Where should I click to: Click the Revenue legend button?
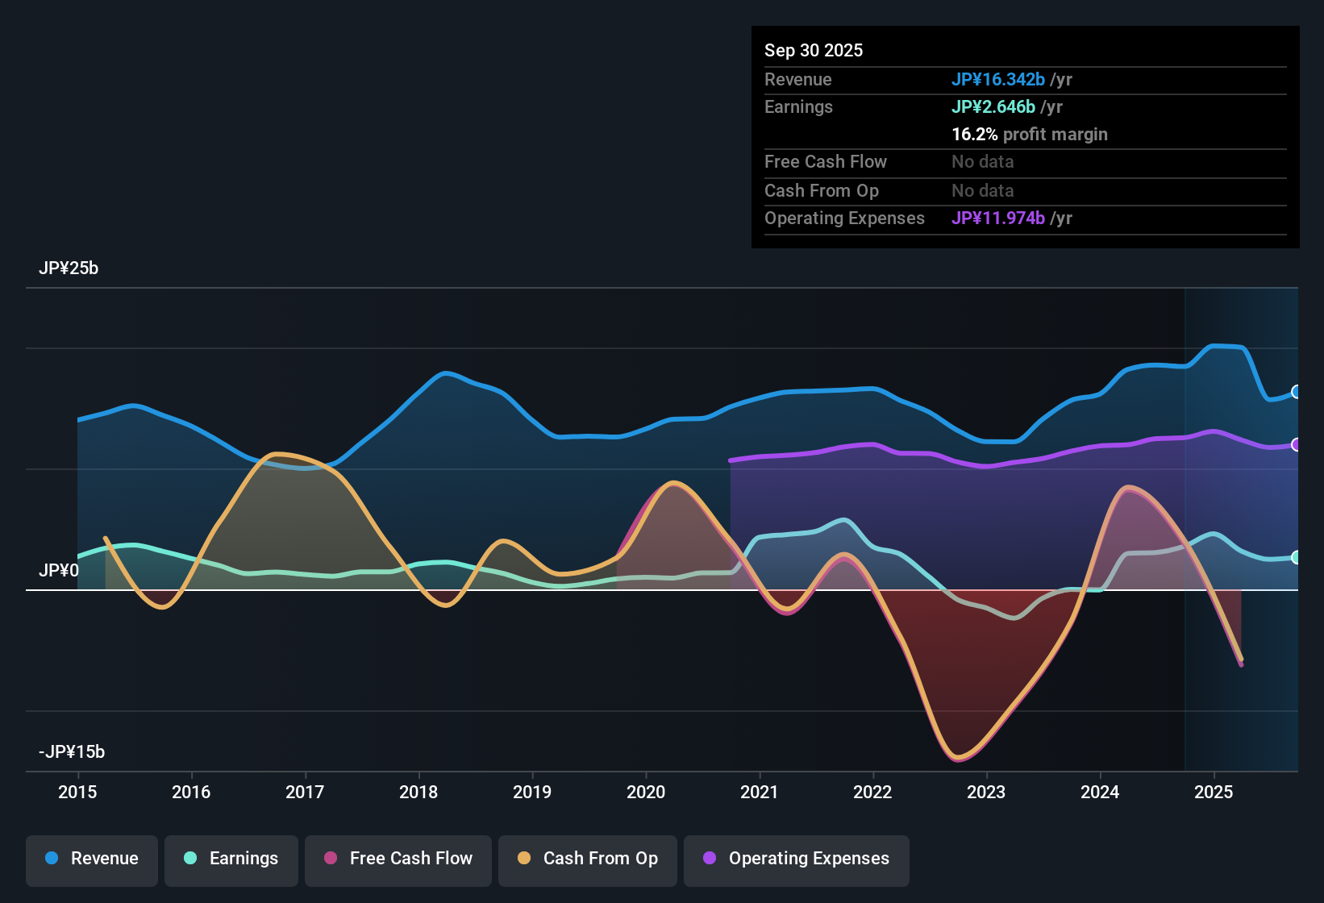[92, 859]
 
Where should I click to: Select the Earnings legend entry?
[231, 859]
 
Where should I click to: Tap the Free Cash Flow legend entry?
[398, 859]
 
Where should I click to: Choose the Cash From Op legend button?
[588, 859]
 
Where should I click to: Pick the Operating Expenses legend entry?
[797, 859]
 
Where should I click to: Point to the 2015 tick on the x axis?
[77, 792]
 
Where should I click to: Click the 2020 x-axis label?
[646, 792]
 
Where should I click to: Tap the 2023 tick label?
[986, 792]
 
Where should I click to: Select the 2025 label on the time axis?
[1214, 792]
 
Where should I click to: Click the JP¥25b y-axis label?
[69, 268]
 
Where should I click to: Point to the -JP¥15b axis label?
[72, 752]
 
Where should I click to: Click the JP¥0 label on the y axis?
[59, 571]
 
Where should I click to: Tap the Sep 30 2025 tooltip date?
[814, 50]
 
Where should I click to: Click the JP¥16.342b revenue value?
[998, 79]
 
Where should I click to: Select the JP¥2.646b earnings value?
[993, 106]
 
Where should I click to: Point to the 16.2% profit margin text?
[1030, 134]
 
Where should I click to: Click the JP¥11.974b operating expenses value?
[998, 218]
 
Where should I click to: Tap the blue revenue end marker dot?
[1296, 392]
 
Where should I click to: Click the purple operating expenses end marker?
[1296, 445]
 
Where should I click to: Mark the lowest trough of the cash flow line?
[958, 759]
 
